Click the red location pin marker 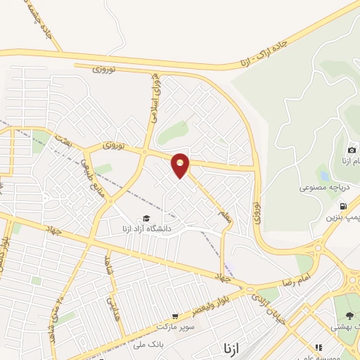(x=181, y=164)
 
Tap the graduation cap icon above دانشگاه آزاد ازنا (x=146, y=218)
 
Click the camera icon (x=352, y=150)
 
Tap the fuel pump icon (x=342, y=207)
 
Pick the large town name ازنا (x=233, y=348)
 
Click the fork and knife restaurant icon (x=318, y=347)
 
